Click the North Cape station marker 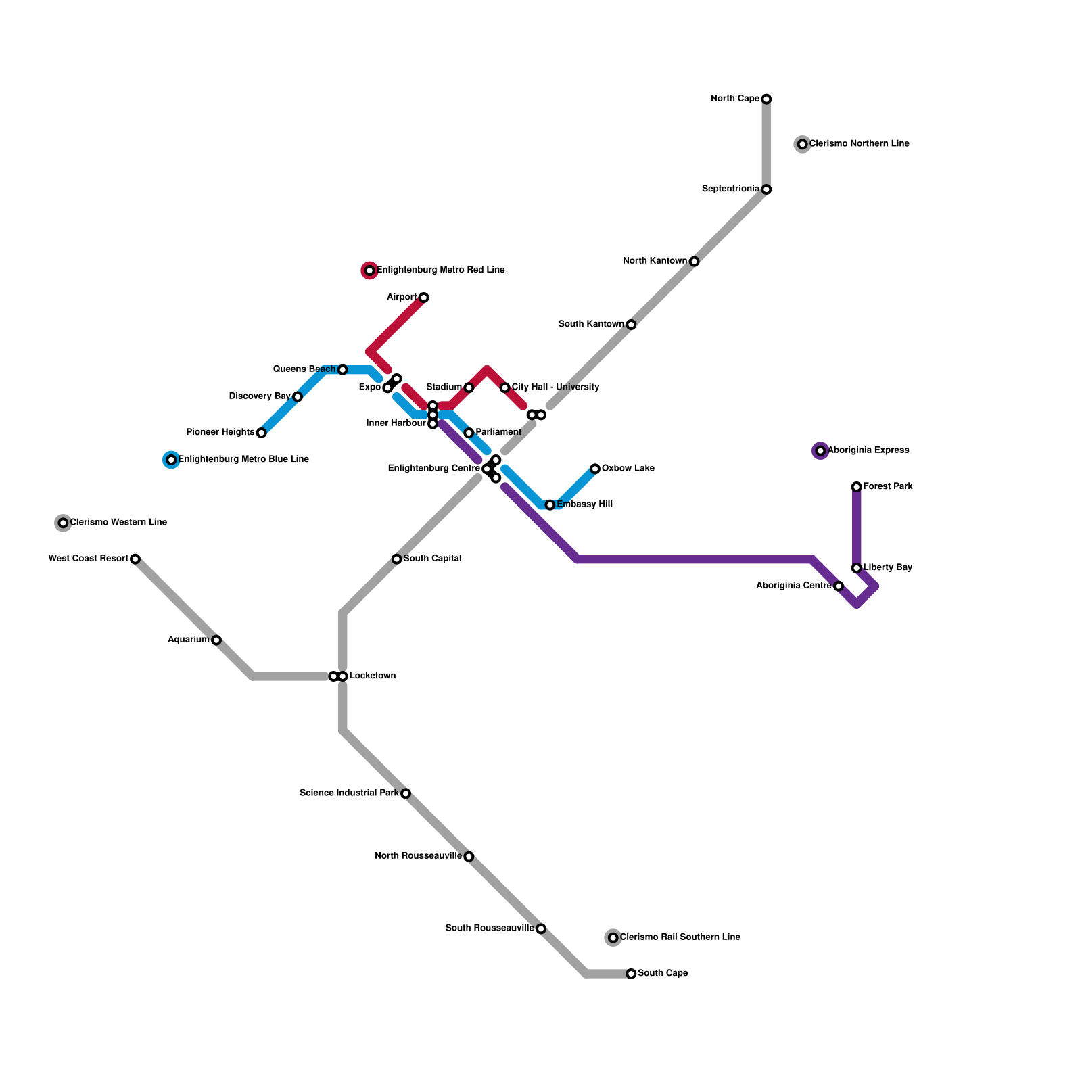pyautogui.click(x=766, y=99)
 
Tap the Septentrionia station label pyautogui.click(x=730, y=189)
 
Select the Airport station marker pyautogui.click(x=424, y=298)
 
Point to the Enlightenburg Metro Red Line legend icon pyautogui.click(x=369, y=270)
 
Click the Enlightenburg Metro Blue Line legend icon pyautogui.click(x=171, y=460)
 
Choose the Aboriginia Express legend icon pyautogui.click(x=820, y=450)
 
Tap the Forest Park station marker pyautogui.click(x=856, y=487)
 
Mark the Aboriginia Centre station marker pyautogui.click(x=839, y=586)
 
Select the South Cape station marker pyautogui.click(x=631, y=974)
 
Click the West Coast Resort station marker pyautogui.click(x=135, y=559)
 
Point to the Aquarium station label pyautogui.click(x=189, y=640)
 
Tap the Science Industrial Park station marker pyautogui.click(x=406, y=793)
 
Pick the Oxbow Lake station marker pyautogui.click(x=595, y=469)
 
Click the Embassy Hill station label pyautogui.click(x=585, y=504)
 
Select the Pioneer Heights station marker pyautogui.click(x=262, y=433)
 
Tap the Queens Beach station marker pyautogui.click(x=343, y=370)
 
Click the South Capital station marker pyautogui.click(x=396, y=559)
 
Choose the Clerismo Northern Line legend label pyautogui.click(x=859, y=144)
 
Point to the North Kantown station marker pyautogui.click(x=694, y=262)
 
